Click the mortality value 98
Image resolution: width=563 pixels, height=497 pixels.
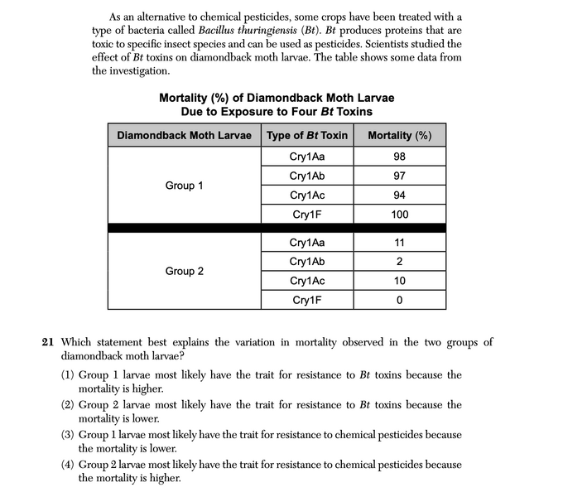[399, 157]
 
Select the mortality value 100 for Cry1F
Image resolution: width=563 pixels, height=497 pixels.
[399, 215]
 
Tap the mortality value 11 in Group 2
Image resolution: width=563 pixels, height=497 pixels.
[399, 243]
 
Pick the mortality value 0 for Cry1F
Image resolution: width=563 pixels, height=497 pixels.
[399, 300]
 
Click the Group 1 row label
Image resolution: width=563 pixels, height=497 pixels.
[184, 186]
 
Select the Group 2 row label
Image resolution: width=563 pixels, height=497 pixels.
[184, 271]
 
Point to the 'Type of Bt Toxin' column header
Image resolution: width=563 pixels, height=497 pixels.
[307, 135]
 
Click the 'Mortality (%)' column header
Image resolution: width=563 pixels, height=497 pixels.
[399, 135]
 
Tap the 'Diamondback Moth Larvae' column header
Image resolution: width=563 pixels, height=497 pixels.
[184, 135]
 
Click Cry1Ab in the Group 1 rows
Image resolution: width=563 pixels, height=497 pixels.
[307, 176]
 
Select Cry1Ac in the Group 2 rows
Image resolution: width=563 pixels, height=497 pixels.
[307, 281]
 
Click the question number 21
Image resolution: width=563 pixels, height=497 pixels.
[48, 342]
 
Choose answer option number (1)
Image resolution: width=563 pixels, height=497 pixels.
[69, 375]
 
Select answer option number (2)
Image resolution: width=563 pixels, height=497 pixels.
[69, 405]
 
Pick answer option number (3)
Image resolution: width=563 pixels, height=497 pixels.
[69, 435]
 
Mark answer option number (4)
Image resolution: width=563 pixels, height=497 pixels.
[69, 465]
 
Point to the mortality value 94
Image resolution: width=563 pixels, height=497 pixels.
[399, 195]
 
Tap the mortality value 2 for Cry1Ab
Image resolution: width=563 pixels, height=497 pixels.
[399, 262]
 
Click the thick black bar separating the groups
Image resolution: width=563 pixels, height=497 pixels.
[277, 228]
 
